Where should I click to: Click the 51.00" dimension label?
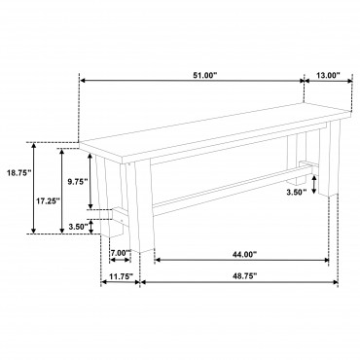click(205, 75)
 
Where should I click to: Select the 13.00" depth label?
click(328, 75)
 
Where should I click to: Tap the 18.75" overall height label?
click(18, 172)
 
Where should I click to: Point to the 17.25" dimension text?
click(48, 201)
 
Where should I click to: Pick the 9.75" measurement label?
click(78, 182)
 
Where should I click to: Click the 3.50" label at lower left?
click(79, 226)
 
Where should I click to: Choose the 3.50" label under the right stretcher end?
click(297, 193)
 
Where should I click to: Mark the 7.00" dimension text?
click(121, 253)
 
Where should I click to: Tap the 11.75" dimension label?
click(121, 276)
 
